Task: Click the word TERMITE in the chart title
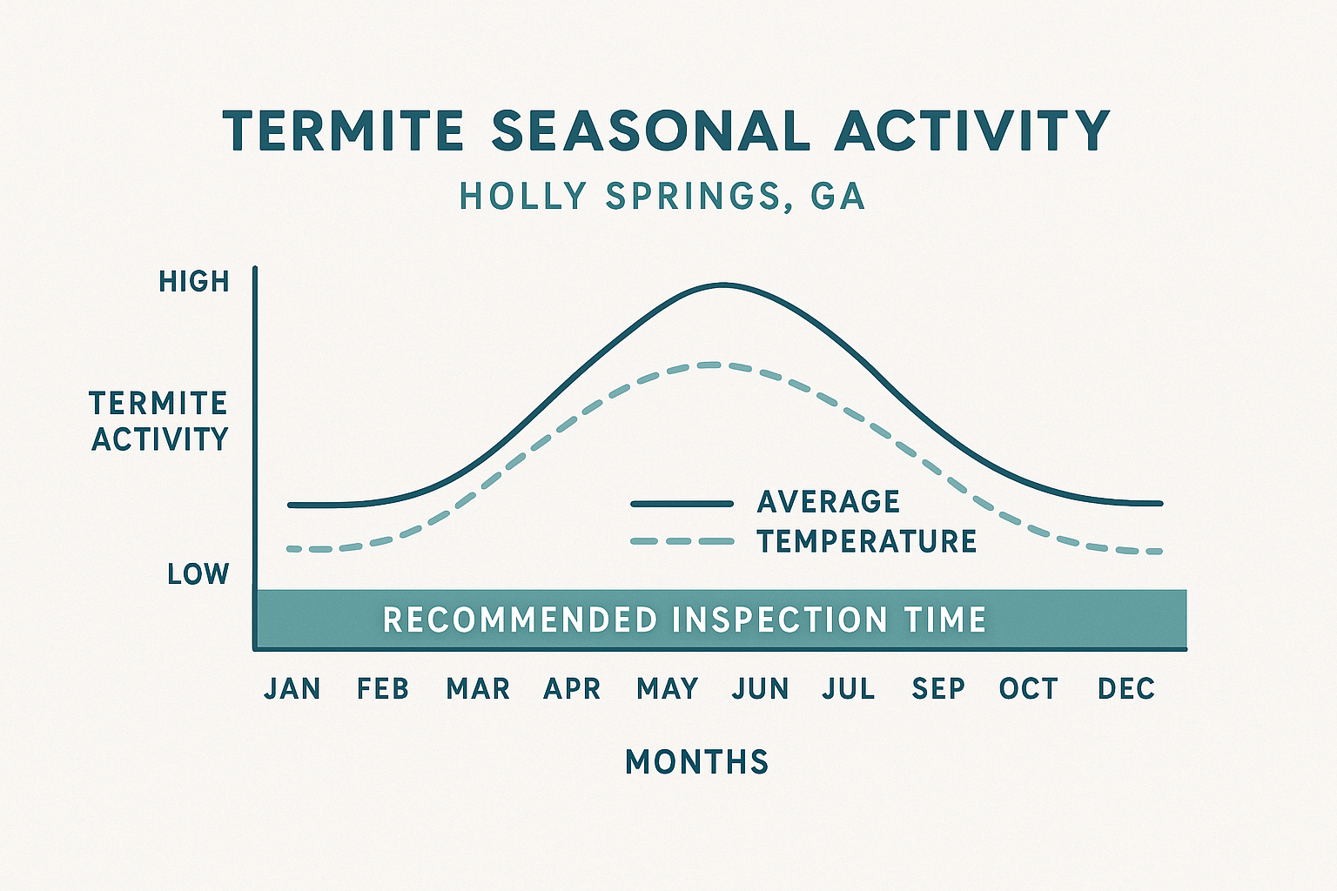[343, 132]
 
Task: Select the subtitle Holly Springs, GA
[662, 197]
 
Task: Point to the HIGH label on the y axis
[194, 282]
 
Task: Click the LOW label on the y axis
[198, 574]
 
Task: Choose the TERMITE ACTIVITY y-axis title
[159, 421]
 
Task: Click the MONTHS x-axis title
[697, 762]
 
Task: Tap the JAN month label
[292, 689]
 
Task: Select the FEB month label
[383, 689]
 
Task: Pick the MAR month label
[478, 689]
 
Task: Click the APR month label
[572, 689]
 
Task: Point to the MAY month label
[668, 689]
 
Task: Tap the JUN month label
[761, 689]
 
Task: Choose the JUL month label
[849, 689]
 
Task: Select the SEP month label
[938, 689]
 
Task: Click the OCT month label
[1028, 689]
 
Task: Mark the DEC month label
[1126, 689]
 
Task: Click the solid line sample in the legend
[682, 504]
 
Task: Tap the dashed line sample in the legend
[682, 541]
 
